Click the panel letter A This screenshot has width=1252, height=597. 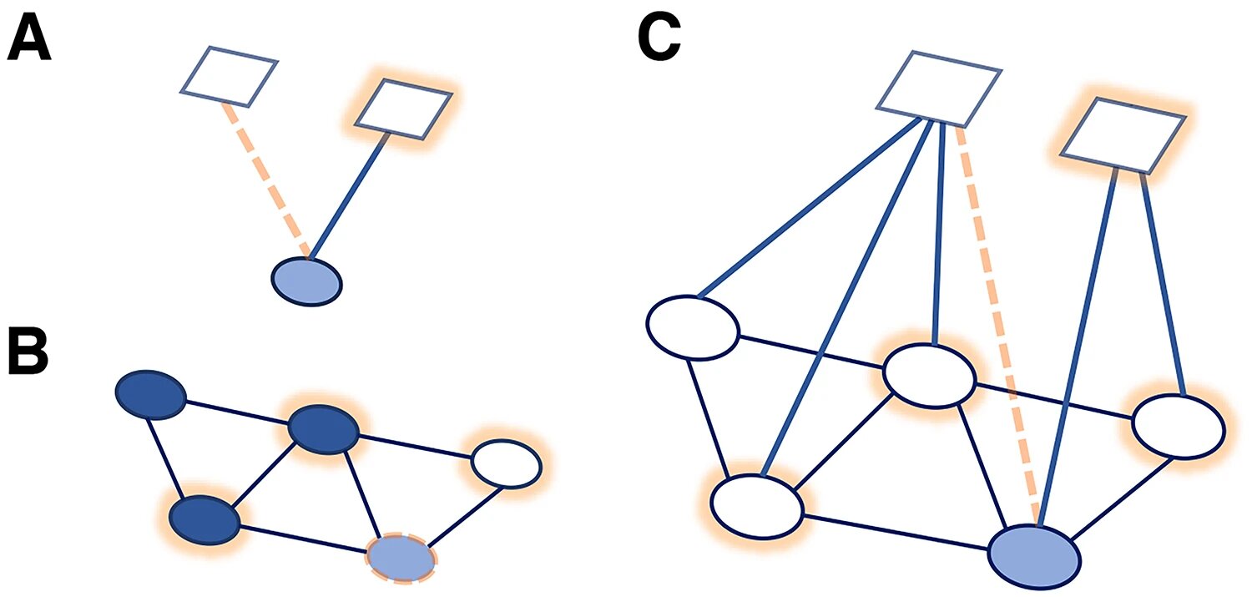(29, 38)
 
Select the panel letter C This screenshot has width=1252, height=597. (659, 37)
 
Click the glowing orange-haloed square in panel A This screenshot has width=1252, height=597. (403, 109)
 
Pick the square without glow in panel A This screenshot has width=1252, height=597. (229, 77)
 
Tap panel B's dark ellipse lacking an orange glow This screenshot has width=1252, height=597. (151, 394)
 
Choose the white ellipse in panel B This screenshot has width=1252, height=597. (507, 464)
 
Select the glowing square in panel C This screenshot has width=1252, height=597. (1123, 134)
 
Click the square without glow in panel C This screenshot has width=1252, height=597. (938, 89)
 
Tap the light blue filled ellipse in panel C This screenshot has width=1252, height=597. (1035, 557)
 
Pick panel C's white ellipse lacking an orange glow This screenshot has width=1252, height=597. (693, 327)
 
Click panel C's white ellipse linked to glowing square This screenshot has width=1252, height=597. (1179, 427)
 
